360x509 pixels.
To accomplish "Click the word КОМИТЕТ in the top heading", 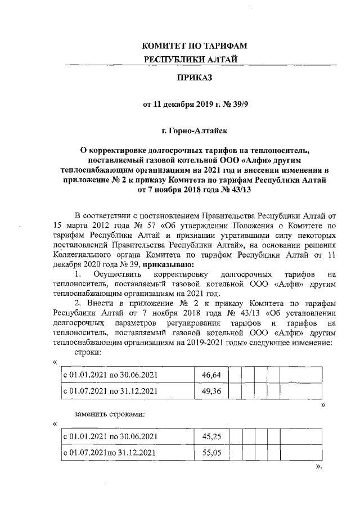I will (165, 46).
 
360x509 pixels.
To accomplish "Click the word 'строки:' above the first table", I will (88, 352).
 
